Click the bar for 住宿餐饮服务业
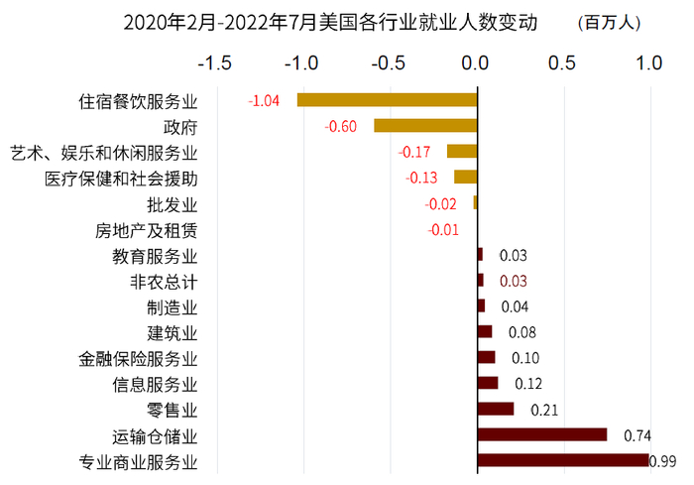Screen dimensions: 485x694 [x=388, y=99]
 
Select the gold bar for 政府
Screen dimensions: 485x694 [x=425, y=125]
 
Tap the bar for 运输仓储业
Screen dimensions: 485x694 [x=541, y=434]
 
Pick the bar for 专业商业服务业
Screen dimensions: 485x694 [x=562, y=460]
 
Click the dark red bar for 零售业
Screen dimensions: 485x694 [x=496, y=409]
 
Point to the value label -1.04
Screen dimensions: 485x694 [x=264, y=100]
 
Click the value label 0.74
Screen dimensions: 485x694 [x=636, y=435]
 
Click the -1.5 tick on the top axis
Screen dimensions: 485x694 [x=215, y=62]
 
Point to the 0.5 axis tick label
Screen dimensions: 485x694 [x=562, y=62]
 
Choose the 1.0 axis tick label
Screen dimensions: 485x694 [x=648, y=62]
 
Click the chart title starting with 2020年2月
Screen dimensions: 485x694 [x=329, y=22]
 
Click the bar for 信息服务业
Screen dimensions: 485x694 [x=488, y=383]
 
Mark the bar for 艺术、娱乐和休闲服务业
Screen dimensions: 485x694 [x=462, y=151]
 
